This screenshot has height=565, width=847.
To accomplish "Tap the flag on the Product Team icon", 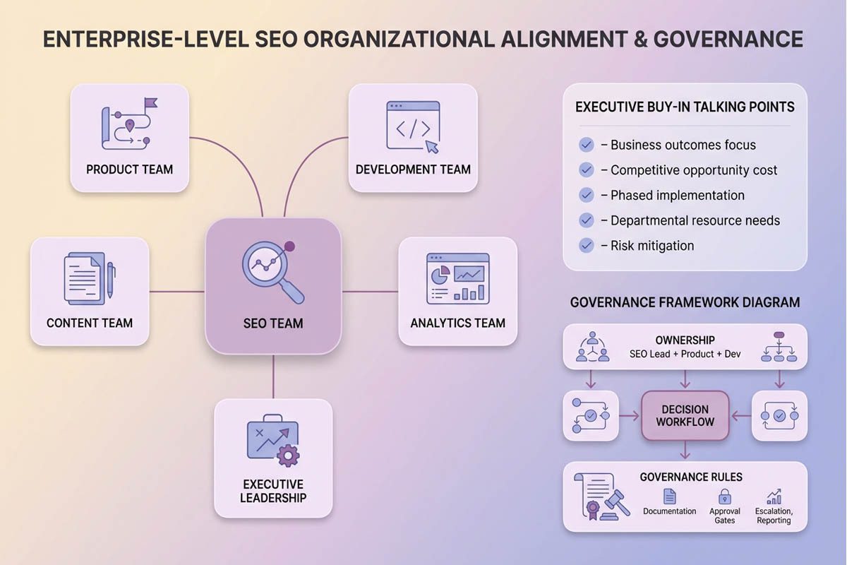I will tap(150, 105).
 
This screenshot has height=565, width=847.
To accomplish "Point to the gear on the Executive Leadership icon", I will tap(288, 456).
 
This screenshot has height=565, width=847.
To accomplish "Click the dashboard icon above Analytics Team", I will tap(457, 278).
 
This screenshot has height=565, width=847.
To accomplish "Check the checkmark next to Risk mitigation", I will tap(586, 246).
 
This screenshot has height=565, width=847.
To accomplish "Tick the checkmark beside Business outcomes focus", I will tap(586, 145).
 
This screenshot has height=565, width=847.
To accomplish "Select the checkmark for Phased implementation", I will tap(586, 195).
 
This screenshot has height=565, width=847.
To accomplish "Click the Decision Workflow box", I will tap(685, 416).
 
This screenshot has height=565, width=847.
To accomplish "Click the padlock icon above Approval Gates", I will tap(725, 496).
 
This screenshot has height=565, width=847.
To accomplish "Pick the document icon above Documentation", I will tap(670, 496).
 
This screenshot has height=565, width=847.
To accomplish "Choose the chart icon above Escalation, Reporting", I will tap(774, 496).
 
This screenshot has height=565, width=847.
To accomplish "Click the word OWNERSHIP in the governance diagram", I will tap(685, 340).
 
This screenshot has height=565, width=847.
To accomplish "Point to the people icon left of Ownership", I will tap(592, 347).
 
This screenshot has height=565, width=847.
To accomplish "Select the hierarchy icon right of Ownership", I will tap(779, 347).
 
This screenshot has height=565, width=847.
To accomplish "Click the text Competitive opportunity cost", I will tap(694, 170).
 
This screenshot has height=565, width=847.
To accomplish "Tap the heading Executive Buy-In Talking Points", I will tap(685, 107).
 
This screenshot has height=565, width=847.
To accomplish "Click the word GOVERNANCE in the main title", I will tap(728, 38).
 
